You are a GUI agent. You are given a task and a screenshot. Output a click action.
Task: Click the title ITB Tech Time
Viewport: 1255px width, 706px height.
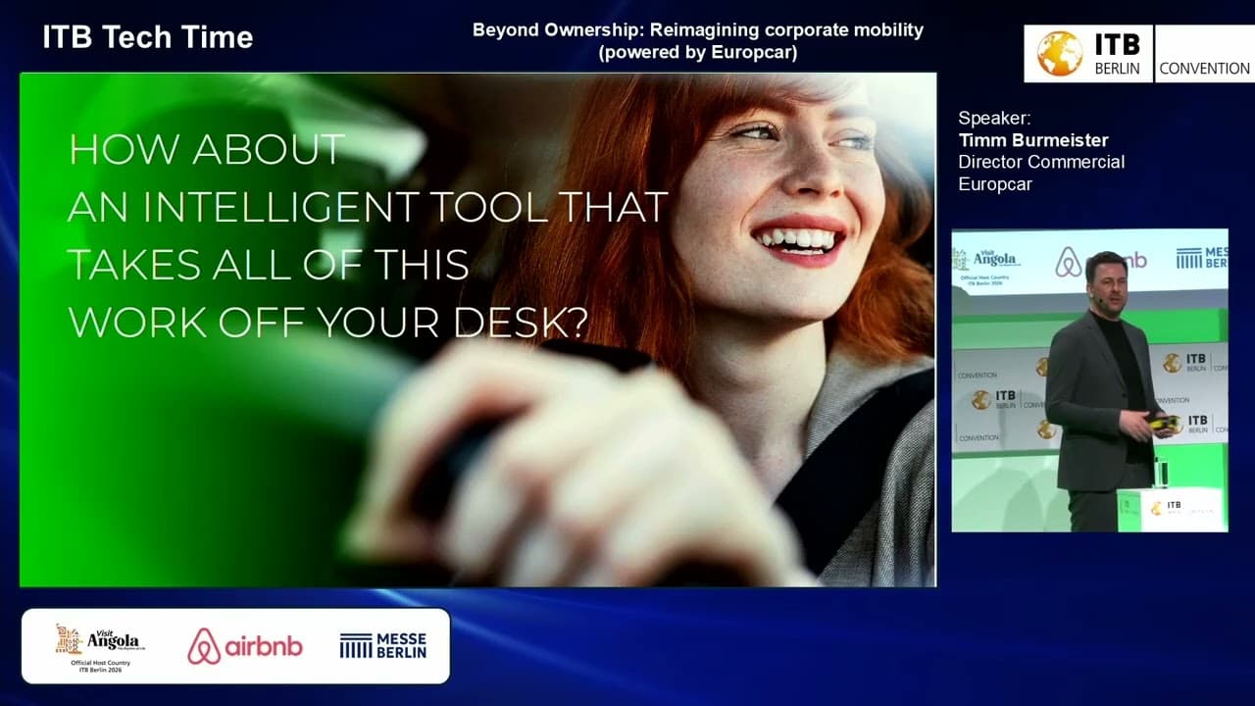tap(148, 38)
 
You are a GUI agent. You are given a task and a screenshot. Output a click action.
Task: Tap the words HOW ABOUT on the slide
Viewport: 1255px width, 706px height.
tap(206, 150)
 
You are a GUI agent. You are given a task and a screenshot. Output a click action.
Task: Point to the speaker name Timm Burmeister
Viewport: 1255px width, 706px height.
tap(1033, 140)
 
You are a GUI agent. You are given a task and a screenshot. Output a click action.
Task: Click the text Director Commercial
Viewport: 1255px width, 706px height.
tap(1040, 162)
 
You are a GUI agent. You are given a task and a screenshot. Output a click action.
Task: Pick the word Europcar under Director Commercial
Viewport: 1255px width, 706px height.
tap(995, 183)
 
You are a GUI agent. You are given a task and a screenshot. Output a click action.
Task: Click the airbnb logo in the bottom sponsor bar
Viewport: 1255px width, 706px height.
tap(245, 646)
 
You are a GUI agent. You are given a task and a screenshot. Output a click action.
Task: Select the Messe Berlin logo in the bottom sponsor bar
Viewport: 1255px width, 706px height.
tap(383, 645)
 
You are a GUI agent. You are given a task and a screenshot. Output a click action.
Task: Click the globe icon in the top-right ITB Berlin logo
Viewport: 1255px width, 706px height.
tap(1059, 53)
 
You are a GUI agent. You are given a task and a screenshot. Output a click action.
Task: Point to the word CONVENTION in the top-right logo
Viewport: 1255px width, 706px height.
tap(1204, 69)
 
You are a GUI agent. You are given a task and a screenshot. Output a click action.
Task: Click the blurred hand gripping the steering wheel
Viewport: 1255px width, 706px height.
tap(549, 461)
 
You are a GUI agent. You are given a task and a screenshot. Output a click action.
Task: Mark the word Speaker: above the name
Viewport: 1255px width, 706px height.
tap(994, 119)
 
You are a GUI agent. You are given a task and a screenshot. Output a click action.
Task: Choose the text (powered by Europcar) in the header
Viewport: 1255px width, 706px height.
tap(697, 53)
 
